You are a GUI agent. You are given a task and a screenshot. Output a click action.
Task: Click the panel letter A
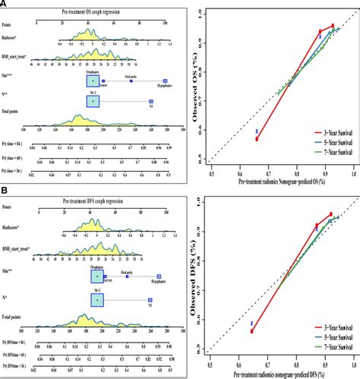[x=5, y=5]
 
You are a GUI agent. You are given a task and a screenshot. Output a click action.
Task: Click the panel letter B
[x=5, y=194]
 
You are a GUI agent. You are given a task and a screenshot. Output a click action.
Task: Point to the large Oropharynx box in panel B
[x=96, y=276]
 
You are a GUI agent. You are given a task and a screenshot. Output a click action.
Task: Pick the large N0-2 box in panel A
[x=92, y=99]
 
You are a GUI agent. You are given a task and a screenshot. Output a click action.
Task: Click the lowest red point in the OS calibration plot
[x=257, y=139]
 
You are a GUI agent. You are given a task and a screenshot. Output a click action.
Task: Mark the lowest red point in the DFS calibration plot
[x=251, y=331]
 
